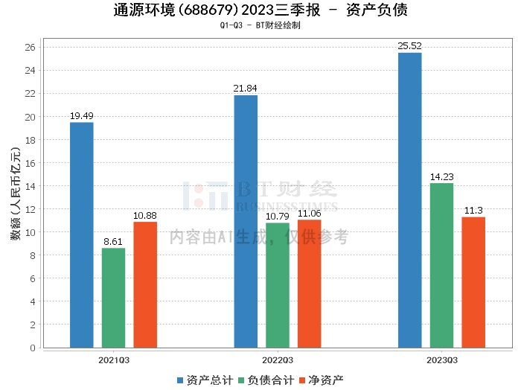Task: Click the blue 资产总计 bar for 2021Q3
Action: point(82,234)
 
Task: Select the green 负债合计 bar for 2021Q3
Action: point(113,298)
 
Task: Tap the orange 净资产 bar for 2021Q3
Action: point(145,284)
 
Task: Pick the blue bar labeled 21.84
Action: point(246,221)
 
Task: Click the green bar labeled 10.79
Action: point(278,285)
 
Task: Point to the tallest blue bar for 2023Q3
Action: point(410,199)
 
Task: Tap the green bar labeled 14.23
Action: point(441,265)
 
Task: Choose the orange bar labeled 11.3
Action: point(473,282)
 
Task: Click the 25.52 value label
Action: point(410,46)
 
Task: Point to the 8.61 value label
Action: point(113,242)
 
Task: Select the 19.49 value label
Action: point(82,116)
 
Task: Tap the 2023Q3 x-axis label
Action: point(441,359)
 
